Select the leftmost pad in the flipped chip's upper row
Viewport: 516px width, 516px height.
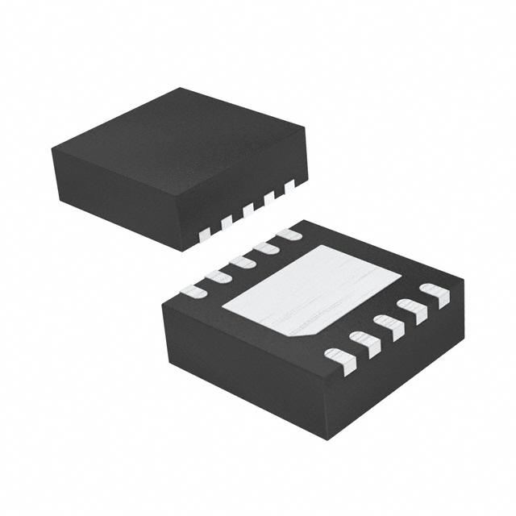coord(193,290)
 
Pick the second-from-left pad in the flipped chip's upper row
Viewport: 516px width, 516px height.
coord(217,277)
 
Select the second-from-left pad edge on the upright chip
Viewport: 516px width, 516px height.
coord(227,219)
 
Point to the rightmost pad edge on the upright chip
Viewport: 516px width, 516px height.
coord(290,184)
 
